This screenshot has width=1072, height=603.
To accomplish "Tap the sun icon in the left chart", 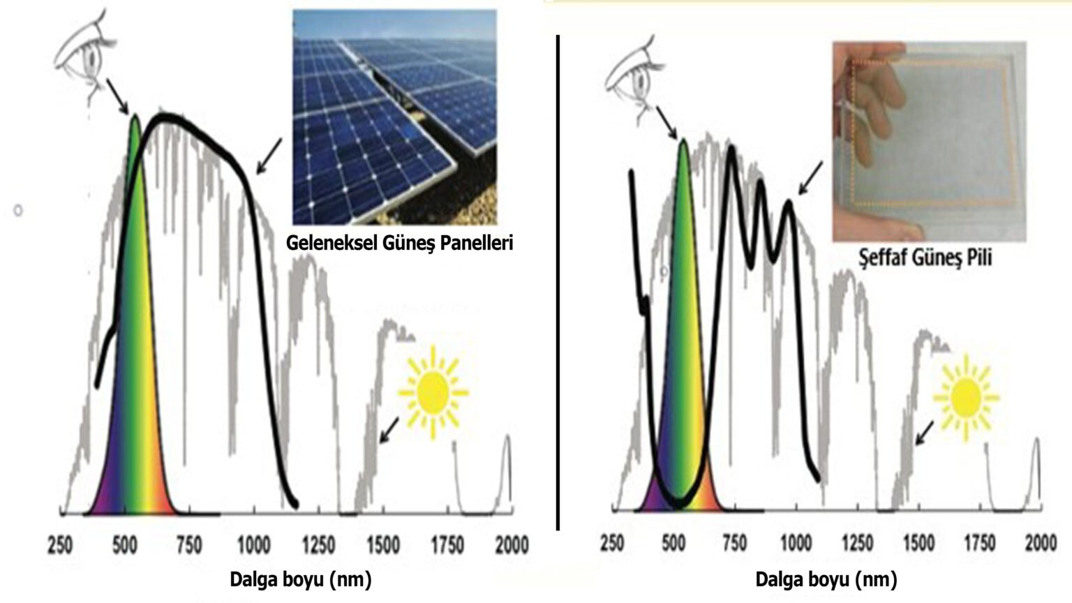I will click(433, 392).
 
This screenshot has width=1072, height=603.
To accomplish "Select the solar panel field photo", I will click(394, 117).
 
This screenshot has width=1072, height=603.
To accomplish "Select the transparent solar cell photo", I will click(929, 142).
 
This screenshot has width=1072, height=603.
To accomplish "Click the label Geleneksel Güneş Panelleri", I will click(399, 243).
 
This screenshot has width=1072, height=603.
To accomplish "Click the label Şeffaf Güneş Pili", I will click(925, 258).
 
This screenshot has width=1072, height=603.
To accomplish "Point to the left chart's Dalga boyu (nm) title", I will click(300, 579).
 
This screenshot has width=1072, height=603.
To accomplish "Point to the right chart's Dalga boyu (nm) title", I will click(826, 579).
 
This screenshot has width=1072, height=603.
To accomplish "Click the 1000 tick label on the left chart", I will click(253, 544).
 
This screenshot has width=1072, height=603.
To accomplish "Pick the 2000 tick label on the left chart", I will click(512, 544).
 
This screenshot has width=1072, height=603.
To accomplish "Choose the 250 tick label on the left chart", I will click(60, 544).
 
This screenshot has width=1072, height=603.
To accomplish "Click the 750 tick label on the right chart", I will click(734, 542).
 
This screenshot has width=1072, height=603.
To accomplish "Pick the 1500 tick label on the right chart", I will click(918, 542).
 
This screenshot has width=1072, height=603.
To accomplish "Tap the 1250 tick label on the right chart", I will click(857, 542).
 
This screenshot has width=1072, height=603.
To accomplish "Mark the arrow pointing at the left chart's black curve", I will click(269, 155).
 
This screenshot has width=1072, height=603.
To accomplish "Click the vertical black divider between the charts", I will click(558, 279).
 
